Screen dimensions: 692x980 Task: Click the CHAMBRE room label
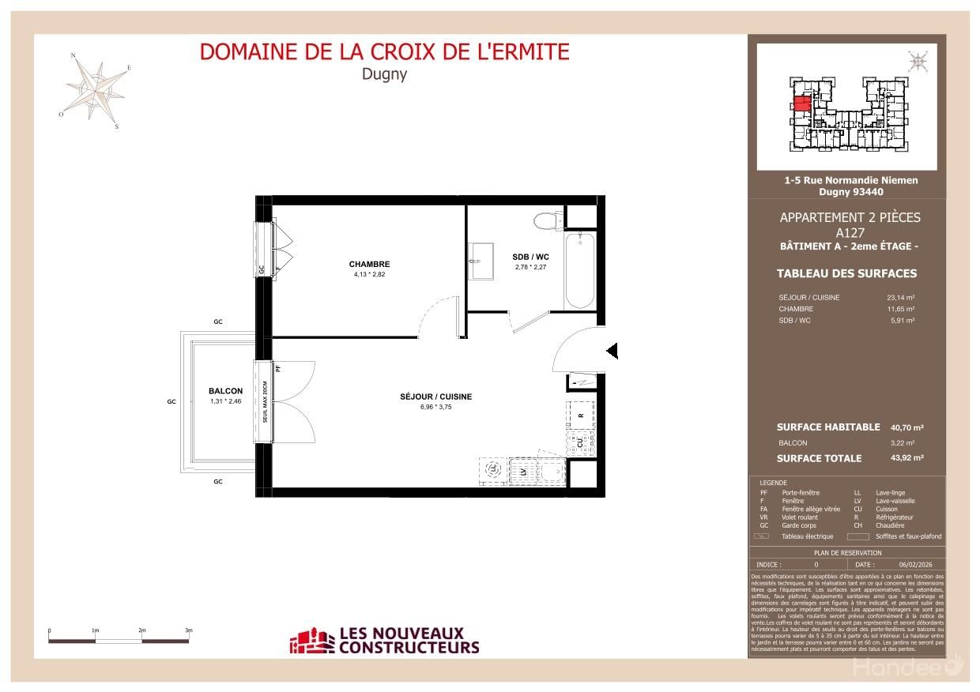pyautogui.click(x=369, y=264)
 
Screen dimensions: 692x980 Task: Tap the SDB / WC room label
pyautogui.click(x=530, y=257)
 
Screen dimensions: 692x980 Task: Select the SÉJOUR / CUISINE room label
pyautogui.click(x=435, y=397)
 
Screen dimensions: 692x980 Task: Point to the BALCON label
pyautogui.click(x=225, y=391)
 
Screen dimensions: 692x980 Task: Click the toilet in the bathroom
pyautogui.click(x=545, y=219)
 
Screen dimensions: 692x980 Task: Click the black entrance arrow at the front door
pyautogui.click(x=612, y=351)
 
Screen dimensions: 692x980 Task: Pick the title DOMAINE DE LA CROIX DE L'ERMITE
pyautogui.click(x=384, y=52)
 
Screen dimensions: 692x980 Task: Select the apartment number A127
pyautogui.click(x=850, y=233)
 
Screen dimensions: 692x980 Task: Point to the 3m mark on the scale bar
pyautogui.click(x=189, y=631)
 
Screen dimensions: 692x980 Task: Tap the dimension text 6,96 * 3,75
pyautogui.click(x=435, y=408)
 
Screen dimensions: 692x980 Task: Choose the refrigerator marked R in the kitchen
pyautogui.click(x=581, y=415)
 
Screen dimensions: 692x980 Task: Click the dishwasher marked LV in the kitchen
pyautogui.click(x=522, y=472)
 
